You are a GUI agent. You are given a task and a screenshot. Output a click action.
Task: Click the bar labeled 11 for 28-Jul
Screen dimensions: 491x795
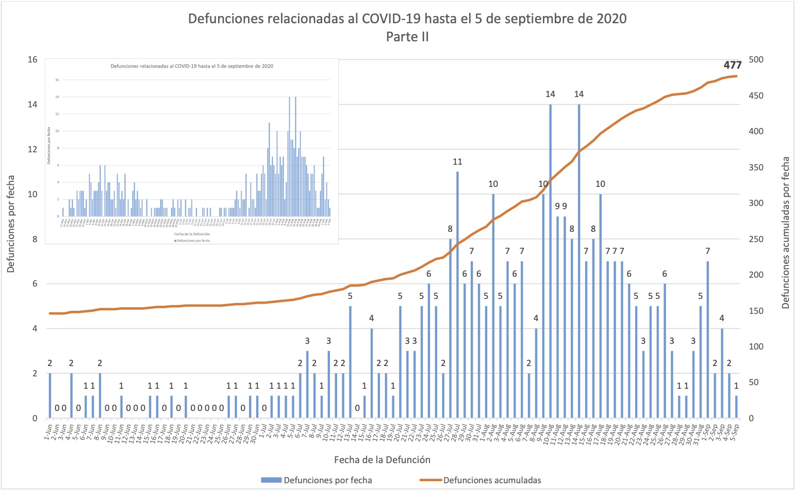click(x=457, y=294)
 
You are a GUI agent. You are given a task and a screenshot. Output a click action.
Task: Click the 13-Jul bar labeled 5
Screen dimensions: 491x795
click(x=350, y=361)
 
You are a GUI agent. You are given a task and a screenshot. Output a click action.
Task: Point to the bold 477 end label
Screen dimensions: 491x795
click(x=732, y=65)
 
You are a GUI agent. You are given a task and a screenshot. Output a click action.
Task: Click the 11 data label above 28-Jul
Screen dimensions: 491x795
click(x=457, y=162)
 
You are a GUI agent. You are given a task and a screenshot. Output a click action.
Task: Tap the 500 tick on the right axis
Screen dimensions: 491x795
click(x=756, y=60)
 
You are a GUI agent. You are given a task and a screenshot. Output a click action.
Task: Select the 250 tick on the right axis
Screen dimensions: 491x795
click(x=756, y=240)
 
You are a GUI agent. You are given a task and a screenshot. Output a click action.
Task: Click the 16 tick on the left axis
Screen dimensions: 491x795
click(x=32, y=60)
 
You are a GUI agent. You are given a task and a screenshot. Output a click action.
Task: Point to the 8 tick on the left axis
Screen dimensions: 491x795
click(x=35, y=240)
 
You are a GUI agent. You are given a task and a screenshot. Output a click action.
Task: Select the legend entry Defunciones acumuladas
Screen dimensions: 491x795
click(x=492, y=480)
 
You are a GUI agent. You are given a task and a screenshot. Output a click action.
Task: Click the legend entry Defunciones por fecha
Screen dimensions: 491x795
click(x=327, y=480)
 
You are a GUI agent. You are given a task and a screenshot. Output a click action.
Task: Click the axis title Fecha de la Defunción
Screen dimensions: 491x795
click(x=382, y=460)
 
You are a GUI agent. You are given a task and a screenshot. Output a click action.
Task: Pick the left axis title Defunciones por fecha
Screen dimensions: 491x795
click(x=11, y=224)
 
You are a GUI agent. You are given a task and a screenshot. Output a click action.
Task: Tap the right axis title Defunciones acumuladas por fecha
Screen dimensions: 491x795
click(x=785, y=233)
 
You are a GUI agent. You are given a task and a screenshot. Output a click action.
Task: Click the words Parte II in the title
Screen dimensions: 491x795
click(x=407, y=37)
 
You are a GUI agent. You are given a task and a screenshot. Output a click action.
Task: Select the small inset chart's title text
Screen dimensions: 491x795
click(x=192, y=66)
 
